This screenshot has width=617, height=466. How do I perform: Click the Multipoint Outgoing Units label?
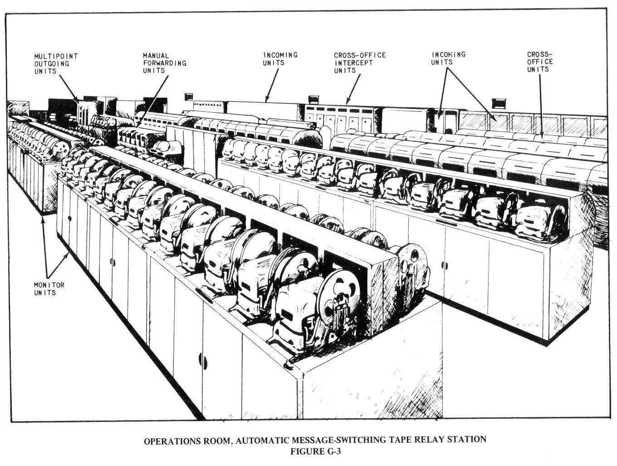pyautogui.click(x=56, y=64)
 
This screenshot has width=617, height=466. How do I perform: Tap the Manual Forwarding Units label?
pyautogui.click(x=164, y=63)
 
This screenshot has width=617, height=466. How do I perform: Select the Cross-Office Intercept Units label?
pyautogui.click(x=360, y=63)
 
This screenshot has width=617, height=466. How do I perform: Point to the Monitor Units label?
pyautogui.click(x=49, y=289)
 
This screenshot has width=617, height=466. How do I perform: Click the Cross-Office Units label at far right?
pyautogui.click(x=540, y=62)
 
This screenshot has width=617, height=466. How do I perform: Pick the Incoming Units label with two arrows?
pyautogui.click(x=448, y=58)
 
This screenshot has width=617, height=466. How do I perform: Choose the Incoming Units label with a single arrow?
pyautogui.click(x=280, y=59)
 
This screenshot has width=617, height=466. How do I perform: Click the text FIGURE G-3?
pyautogui.click(x=315, y=451)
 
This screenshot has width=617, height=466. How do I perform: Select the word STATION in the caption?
pyautogui.click(x=467, y=440)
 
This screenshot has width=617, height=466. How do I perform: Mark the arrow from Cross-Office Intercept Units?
pyautogui.click(x=353, y=88)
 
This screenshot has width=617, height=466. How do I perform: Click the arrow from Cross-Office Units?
pyautogui.click(x=541, y=104)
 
